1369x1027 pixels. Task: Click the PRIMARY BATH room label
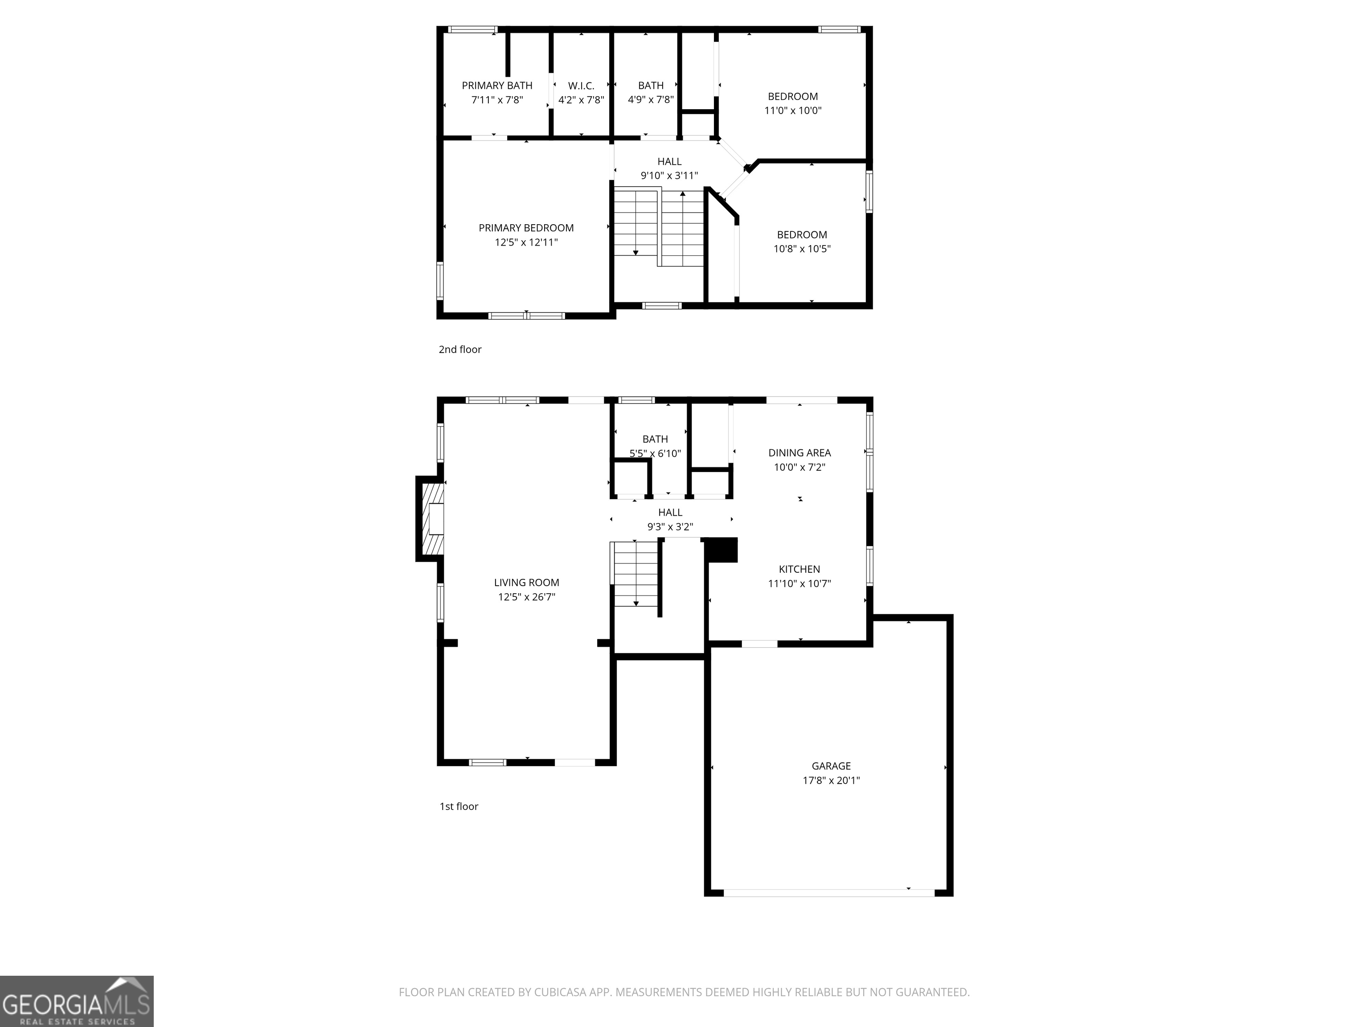(x=496, y=86)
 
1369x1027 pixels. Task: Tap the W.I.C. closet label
(x=581, y=86)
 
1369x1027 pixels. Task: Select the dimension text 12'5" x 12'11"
(x=526, y=242)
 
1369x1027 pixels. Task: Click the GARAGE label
(x=831, y=766)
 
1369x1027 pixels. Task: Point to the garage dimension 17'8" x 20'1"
(x=831, y=781)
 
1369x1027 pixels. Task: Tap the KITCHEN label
(x=799, y=569)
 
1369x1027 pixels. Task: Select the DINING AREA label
(x=799, y=452)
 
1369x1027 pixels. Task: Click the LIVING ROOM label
(x=526, y=583)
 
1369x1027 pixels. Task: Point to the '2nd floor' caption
(x=460, y=349)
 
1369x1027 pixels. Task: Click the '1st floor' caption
(x=459, y=806)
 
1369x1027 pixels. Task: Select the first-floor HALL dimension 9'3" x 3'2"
(x=670, y=527)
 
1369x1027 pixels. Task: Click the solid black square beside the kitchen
(x=721, y=550)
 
